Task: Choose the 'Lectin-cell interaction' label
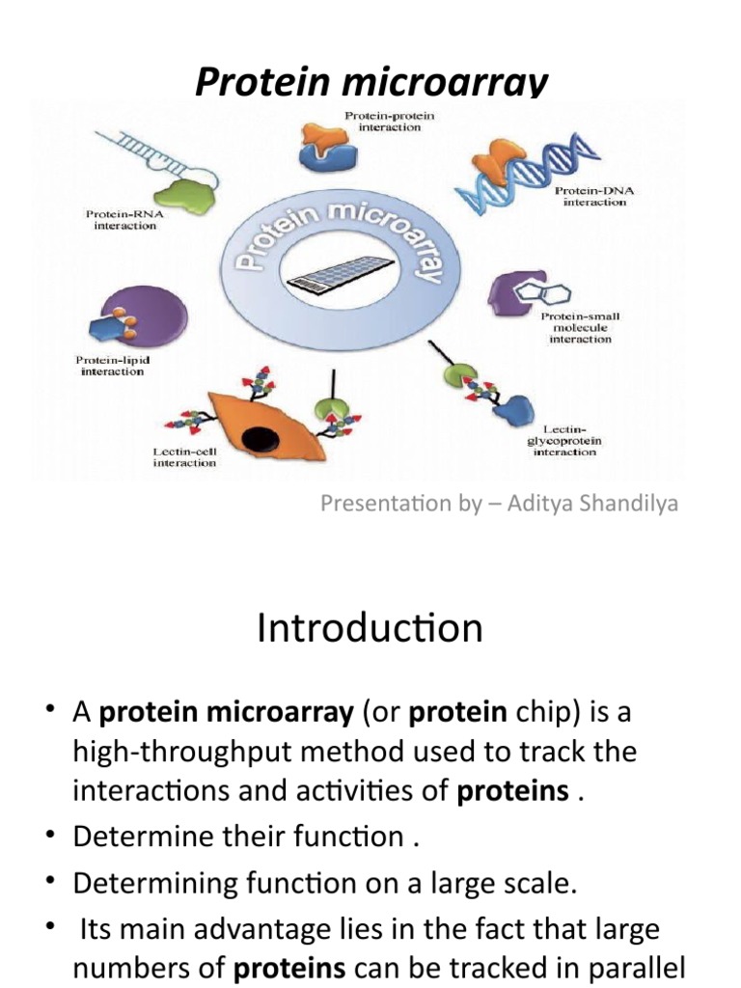185,456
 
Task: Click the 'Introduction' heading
370,629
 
